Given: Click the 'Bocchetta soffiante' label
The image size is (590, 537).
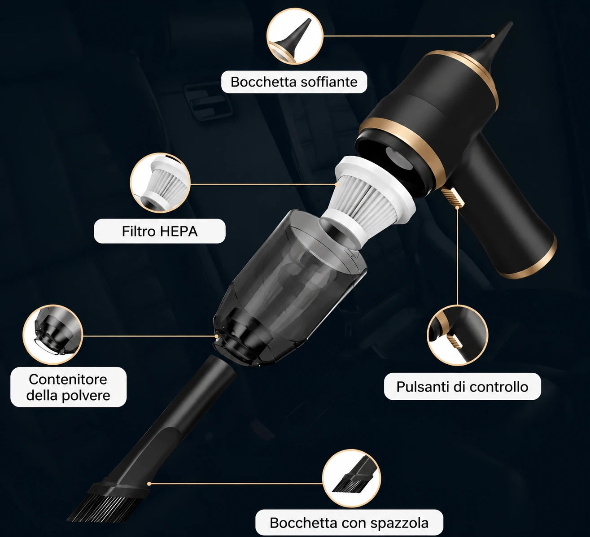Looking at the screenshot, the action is (x=294, y=82).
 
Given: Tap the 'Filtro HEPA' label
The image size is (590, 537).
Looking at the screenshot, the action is (x=160, y=231).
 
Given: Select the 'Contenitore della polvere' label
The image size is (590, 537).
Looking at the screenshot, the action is (x=68, y=387).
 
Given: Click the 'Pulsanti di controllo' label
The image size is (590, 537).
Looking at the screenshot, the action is (x=462, y=387).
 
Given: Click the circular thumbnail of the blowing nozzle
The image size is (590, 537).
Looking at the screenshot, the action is (x=295, y=36).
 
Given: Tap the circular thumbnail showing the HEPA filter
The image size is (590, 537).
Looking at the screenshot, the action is (x=160, y=183).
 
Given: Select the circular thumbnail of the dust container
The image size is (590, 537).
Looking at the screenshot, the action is (x=52, y=335).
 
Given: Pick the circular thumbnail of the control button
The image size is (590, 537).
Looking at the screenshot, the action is (x=457, y=335).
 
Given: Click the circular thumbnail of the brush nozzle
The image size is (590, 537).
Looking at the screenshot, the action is (x=351, y=478).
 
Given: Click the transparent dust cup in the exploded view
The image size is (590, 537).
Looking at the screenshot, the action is (x=290, y=288).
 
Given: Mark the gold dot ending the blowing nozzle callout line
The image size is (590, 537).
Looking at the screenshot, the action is (x=493, y=36).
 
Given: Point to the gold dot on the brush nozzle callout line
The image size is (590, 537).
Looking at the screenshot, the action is (x=149, y=484).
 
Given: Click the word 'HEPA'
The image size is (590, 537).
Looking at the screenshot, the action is (x=179, y=231).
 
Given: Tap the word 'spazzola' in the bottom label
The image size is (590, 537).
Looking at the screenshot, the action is (x=399, y=523).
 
